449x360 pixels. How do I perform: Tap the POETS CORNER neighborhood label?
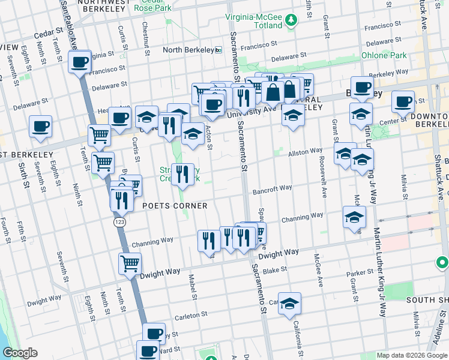coord(175,206)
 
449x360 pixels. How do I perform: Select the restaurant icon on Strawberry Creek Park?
coord(183,175)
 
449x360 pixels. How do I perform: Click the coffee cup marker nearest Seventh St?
coord(41,127)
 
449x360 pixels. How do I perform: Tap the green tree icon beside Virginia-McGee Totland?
coord(291,20)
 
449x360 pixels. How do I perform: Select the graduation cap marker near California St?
coord(289,304)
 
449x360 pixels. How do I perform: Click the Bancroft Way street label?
coord(272,188)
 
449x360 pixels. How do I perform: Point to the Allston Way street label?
coord(306,153)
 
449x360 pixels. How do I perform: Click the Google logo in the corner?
coord(20,353)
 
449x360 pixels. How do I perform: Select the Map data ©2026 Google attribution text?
coord(411,355)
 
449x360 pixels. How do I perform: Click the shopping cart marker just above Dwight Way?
coord(130,263)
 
